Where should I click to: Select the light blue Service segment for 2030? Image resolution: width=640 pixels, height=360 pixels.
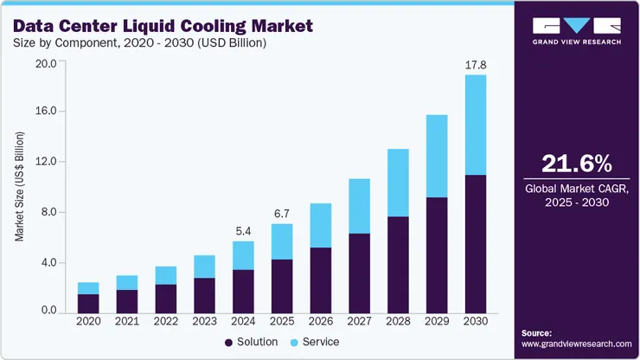475,125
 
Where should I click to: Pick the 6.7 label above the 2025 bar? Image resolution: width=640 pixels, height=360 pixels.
282,213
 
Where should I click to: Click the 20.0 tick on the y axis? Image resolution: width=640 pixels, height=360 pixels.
45,63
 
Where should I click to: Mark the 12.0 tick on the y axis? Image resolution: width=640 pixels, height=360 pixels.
45,162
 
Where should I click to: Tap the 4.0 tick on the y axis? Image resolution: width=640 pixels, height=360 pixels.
45,262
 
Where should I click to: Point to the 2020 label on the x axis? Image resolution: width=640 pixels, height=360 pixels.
88,321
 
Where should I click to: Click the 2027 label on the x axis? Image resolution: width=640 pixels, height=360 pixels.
359,321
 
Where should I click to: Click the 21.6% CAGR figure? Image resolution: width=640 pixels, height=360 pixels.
576,164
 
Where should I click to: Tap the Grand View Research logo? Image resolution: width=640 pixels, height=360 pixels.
576,30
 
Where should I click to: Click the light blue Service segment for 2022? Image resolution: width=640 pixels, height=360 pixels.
166,275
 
